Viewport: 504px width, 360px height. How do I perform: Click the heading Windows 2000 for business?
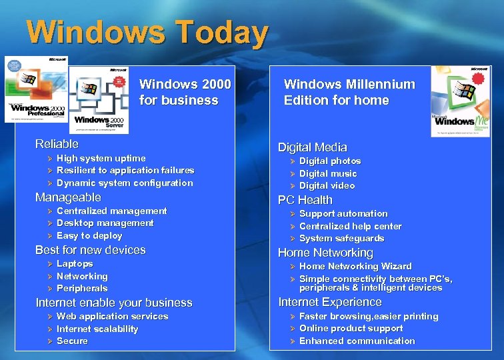185,92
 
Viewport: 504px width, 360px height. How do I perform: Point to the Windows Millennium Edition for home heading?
349,92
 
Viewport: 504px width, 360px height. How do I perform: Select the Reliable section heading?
57,144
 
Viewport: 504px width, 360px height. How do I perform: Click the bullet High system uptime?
101,158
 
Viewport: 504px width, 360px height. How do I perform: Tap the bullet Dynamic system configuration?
125,183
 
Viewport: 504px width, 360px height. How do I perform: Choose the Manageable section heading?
68,197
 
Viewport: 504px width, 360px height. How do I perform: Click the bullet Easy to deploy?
89,235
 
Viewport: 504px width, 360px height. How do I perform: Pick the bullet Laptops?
75,264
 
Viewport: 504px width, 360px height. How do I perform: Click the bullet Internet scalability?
97,329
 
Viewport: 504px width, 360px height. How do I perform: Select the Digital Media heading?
312,147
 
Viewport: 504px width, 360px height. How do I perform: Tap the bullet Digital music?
328,173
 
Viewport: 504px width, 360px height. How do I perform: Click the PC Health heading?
305,200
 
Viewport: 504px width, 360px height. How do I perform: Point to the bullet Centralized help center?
350,226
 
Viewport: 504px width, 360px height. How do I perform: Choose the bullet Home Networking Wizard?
355,266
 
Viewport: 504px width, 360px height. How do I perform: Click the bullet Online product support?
351,329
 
